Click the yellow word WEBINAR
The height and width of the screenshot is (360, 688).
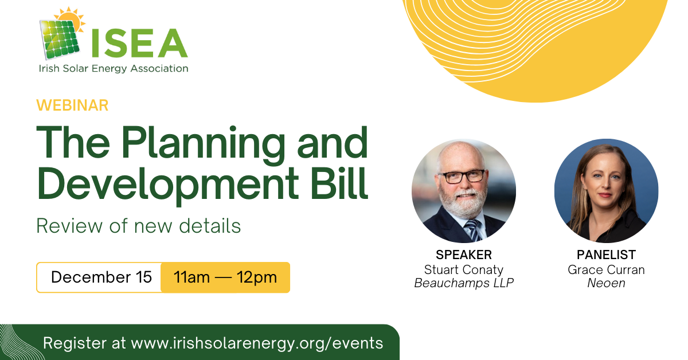click(x=72, y=105)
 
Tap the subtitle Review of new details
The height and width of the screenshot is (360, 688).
click(x=138, y=226)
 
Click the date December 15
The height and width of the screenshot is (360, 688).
click(x=101, y=277)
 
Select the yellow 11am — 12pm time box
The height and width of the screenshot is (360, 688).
click(x=225, y=277)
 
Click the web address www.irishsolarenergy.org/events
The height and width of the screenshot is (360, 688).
click(x=257, y=343)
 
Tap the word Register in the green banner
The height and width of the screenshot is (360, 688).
click(x=78, y=343)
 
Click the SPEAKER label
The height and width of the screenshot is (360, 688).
click(x=464, y=255)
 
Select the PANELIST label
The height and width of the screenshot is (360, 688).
click(x=606, y=255)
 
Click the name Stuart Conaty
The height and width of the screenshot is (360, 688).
click(x=464, y=269)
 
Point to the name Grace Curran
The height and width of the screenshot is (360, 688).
click(x=606, y=269)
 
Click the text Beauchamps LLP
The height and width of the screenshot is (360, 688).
click(x=464, y=283)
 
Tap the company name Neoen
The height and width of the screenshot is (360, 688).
click(x=606, y=283)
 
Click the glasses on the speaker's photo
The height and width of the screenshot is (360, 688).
click(x=461, y=177)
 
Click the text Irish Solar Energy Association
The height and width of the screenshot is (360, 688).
click(x=113, y=69)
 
